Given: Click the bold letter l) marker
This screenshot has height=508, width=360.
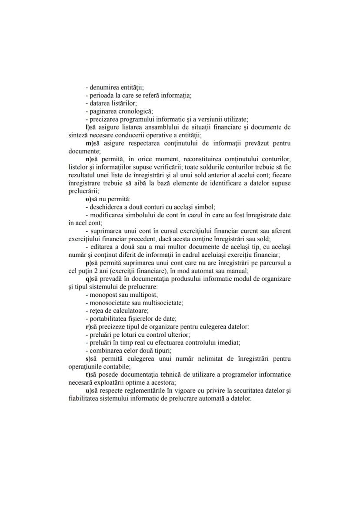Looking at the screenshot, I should coord(87,127).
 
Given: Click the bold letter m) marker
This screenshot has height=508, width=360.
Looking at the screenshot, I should coord(88,143).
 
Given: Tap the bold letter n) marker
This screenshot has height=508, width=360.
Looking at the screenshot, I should coord(87,159).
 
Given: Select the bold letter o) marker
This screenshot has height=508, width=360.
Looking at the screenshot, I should coord(87,199).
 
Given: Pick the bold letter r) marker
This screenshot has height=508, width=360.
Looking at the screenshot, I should coord(87,326).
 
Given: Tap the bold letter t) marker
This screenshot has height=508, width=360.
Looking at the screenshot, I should coord(87,375).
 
